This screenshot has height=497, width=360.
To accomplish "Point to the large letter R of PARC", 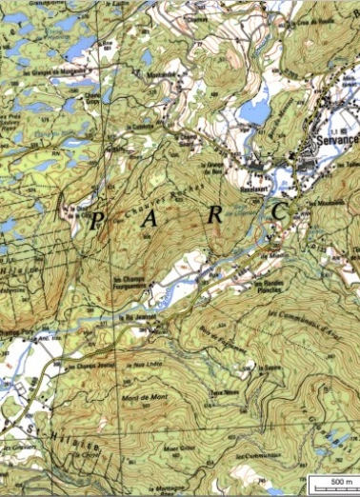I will tap(216, 215).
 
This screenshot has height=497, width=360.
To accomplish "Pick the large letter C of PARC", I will tap(280, 209).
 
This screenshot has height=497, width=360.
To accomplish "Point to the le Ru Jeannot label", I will tap(139, 308).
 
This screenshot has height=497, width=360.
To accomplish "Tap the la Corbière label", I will tap(141, 127).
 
